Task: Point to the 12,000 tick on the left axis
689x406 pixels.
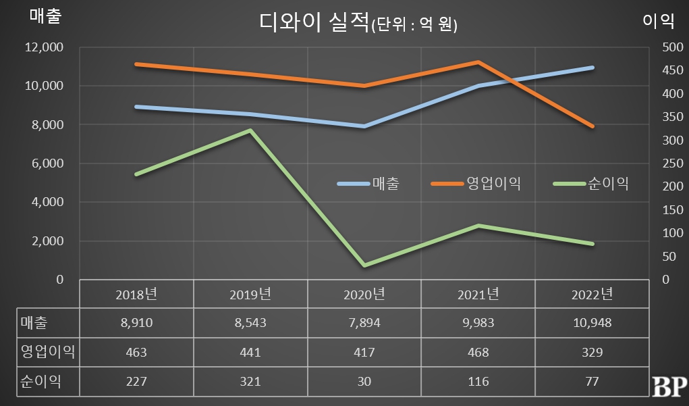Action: tap(44, 47)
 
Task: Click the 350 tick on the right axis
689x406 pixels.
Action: tap(668, 117)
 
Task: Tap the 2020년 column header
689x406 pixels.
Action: tap(364, 294)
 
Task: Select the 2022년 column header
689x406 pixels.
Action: tap(592, 294)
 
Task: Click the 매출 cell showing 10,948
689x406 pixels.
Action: tap(592, 323)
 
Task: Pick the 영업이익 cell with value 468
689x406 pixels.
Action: tap(478, 352)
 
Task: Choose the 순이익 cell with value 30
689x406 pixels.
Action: tap(364, 381)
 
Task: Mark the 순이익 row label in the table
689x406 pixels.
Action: tap(40, 381)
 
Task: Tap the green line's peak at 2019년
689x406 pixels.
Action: tap(250, 130)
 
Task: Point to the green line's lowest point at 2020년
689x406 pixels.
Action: tap(364, 265)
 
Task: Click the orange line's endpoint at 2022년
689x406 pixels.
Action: tap(592, 126)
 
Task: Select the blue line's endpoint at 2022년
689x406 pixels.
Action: tap(592, 68)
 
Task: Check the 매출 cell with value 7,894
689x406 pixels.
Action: tap(364, 323)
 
